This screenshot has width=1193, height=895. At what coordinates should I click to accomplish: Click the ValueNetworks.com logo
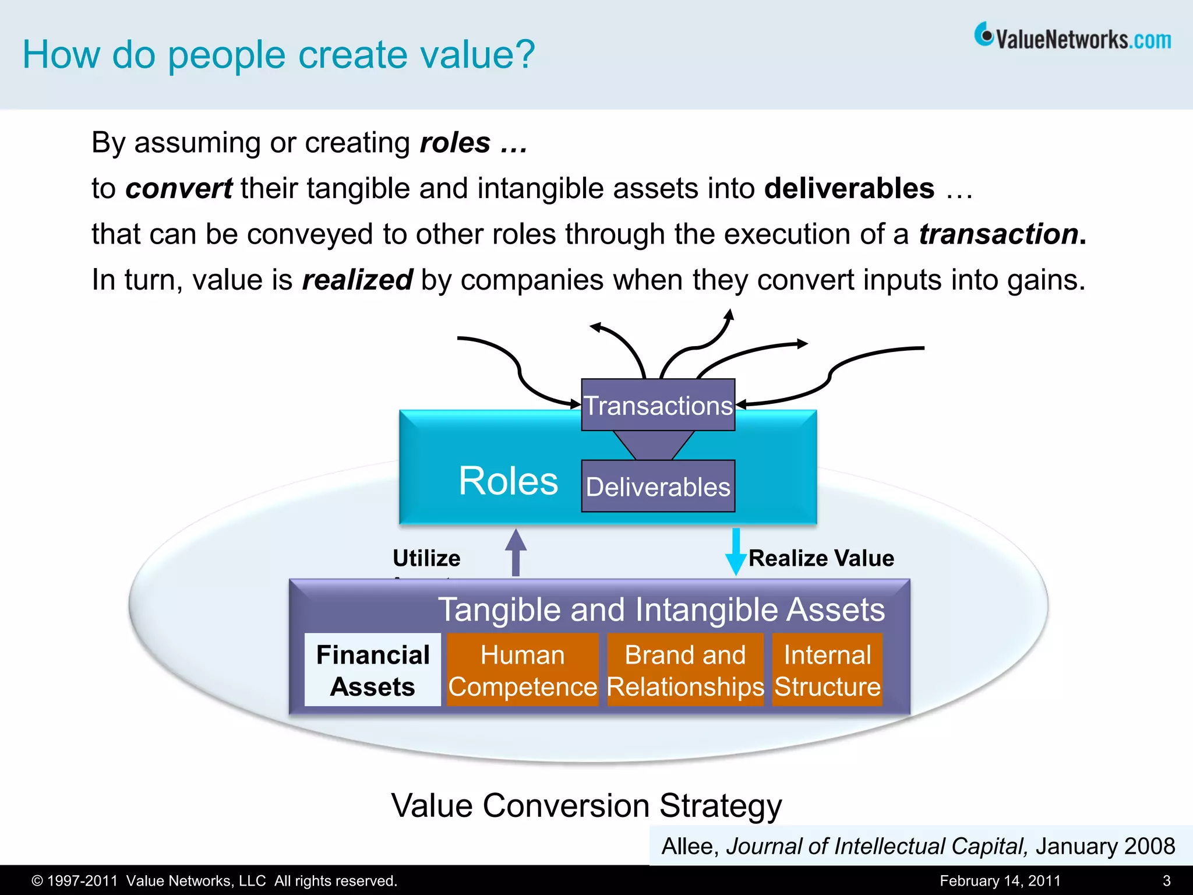[1073, 38]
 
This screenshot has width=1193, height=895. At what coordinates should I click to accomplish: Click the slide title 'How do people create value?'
[278, 55]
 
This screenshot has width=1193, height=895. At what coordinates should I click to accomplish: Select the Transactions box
[658, 405]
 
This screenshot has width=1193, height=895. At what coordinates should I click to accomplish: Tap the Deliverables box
[658, 487]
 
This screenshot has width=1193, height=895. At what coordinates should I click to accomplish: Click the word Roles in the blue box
[508, 481]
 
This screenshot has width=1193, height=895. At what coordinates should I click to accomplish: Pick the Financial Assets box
[373, 670]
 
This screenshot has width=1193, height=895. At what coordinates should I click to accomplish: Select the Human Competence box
[523, 670]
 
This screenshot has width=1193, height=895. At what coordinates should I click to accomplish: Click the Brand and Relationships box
[685, 670]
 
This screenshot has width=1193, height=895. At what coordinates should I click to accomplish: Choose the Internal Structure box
[827, 670]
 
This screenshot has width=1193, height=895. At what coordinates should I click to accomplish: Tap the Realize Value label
[821, 558]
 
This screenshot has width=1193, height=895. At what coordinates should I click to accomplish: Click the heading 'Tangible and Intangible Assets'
[661, 609]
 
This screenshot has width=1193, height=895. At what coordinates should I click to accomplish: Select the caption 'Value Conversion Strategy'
[586, 806]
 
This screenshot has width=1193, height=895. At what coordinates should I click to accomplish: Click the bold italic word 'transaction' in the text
[998, 234]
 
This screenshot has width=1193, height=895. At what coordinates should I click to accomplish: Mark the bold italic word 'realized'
[357, 280]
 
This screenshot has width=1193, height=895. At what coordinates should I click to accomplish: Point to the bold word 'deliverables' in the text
[849, 189]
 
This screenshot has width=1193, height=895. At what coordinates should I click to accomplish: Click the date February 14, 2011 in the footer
[1000, 880]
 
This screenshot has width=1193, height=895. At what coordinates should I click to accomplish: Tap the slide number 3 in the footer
[1166, 880]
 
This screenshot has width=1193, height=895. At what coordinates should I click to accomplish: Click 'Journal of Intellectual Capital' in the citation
[876, 846]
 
